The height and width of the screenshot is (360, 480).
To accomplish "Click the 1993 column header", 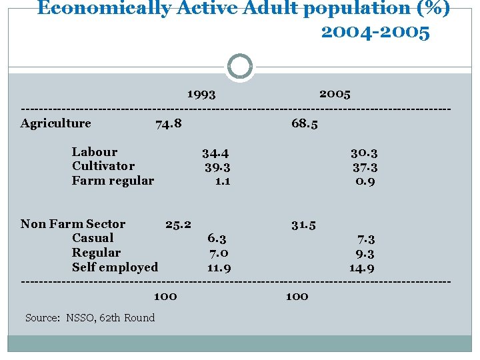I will click(201, 94).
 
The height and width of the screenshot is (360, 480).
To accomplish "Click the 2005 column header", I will click(335, 93).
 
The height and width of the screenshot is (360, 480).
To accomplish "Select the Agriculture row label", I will click(56, 123).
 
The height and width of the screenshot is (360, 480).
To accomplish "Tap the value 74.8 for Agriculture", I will click(168, 123).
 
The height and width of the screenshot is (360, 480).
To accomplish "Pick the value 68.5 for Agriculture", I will click(305, 123).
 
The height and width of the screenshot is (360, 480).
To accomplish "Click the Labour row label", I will click(95, 152).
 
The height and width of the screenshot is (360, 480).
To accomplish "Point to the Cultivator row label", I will click(103, 166).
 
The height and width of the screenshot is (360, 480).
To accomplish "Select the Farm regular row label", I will click(113, 181).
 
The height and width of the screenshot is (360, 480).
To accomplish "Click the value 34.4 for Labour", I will click(216, 153).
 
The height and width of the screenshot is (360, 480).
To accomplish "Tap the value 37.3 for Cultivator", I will click(365, 167).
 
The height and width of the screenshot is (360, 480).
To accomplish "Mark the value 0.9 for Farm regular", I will click(365, 181).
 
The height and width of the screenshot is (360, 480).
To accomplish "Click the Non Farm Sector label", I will click(73, 224).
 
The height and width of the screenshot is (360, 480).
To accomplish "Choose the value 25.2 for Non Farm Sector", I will click(178, 224).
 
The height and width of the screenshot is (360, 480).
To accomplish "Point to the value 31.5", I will click(303, 225).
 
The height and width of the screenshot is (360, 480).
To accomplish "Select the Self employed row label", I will click(115, 267).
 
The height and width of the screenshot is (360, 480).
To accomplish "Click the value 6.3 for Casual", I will click(217, 239).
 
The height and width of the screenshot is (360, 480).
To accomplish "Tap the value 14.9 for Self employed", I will click(361, 268).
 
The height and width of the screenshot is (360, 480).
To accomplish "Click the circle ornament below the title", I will click(240, 67).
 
